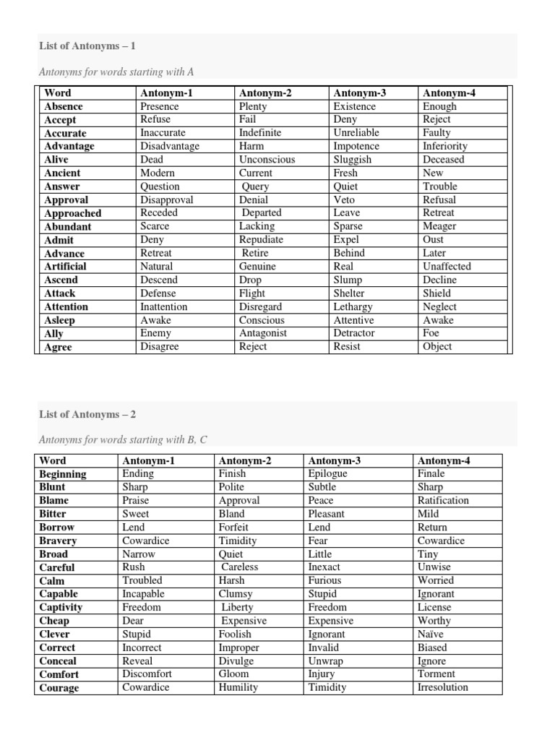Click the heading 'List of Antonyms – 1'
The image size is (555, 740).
coord(87,46)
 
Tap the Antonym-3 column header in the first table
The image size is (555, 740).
coord(359,92)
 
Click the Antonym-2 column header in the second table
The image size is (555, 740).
coord(244,460)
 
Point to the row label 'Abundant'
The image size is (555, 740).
coord(69,226)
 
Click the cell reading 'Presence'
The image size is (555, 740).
coord(159,106)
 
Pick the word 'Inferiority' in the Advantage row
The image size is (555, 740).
coord(445,146)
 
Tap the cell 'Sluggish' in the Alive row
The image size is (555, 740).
coord(353,159)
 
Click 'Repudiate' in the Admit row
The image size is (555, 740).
coord(261,239)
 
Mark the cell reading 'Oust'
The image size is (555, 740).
coord(434,239)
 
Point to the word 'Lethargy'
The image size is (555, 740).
coord(353,306)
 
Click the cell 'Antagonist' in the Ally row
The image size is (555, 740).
coord(263,333)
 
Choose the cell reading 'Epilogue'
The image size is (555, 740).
coord(327,473)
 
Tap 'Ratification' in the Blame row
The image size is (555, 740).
coord(443,500)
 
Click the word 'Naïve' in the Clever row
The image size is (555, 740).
coord(431,634)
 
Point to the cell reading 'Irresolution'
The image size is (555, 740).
coord(443,687)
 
